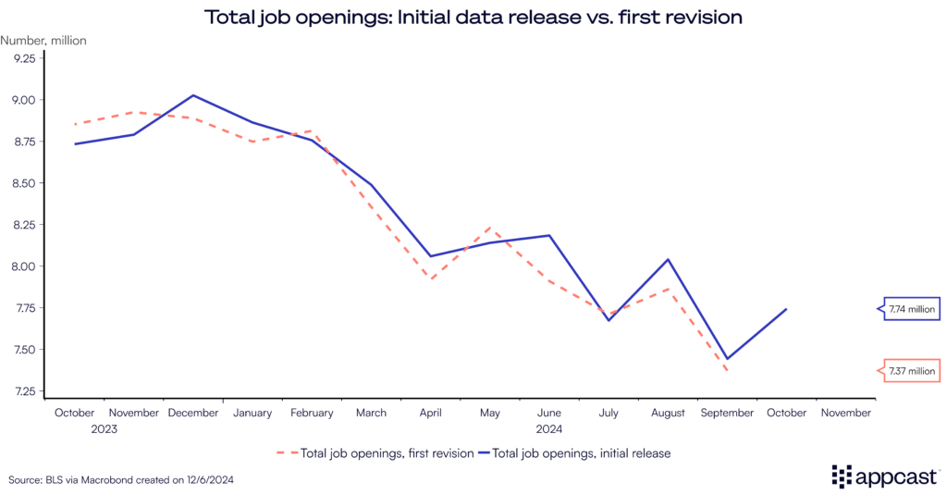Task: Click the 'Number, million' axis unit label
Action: pos(43,40)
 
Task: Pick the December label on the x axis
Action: pos(192,413)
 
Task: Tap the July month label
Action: pos(609,413)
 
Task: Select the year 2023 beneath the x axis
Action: pos(105,429)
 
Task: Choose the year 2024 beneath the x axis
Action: pos(550,429)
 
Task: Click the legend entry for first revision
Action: pos(375,452)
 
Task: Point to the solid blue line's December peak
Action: pos(192,95)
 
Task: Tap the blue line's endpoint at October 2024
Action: pos(786,309)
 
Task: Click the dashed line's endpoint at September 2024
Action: pos(727,371)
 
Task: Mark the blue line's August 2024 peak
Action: pos(668,259)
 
